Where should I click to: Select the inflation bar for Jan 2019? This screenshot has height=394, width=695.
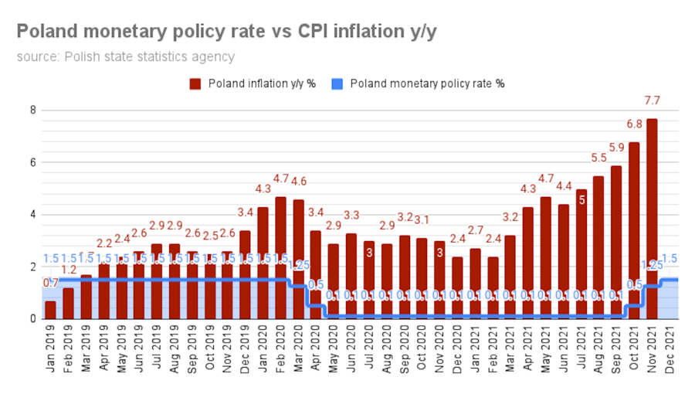click(50, 310)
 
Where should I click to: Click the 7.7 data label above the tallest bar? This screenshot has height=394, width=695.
click(653, 101)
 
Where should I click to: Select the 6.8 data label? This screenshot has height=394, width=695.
click(634, 124)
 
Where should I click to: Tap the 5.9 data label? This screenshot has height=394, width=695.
click(616, 148)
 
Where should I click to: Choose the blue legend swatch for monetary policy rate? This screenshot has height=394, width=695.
click(337, 83)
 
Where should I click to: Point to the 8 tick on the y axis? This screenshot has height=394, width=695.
click(32, 110)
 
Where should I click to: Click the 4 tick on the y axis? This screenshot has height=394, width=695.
click(32, 215)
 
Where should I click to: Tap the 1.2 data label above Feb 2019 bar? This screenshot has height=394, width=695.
click(69, 270)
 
